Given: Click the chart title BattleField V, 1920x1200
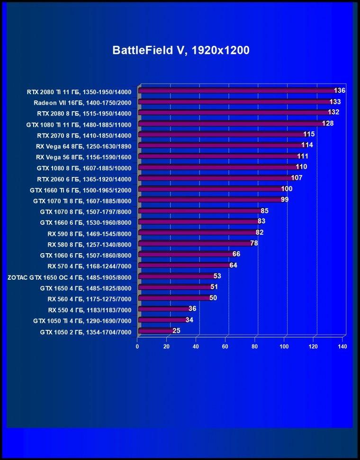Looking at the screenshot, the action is pos(181,50).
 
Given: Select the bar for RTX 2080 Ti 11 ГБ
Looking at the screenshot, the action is pos(238,91).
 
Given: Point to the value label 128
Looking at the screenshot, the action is pos(328,123).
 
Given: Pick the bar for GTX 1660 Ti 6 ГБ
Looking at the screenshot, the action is pos(211,189).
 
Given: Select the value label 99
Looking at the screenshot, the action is pos(285,200).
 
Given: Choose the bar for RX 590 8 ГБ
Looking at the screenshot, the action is pos(198,233).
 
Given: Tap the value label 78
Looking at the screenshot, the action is pos(254,243).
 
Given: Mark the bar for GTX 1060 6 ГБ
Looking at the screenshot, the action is pos(187,254).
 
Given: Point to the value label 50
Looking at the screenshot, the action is pos(213,298).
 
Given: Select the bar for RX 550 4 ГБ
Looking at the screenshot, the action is pos(165,309).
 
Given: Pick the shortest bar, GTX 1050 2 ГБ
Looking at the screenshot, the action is pos(156,331).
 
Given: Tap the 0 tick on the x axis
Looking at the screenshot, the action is pos(137,346).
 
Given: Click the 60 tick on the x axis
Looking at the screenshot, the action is pos(225,346).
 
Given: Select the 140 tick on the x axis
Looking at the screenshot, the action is pos(342,346).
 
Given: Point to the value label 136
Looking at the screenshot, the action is pos(340,90).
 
